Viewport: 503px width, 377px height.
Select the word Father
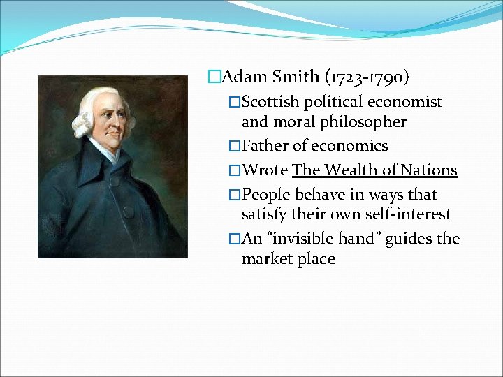[265, 146]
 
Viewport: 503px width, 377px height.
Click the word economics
[349, 146]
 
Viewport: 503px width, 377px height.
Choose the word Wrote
[265, 170]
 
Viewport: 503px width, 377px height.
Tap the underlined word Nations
[429, 170]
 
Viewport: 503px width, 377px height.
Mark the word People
[267, 195]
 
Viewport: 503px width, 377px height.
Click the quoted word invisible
[300, 239]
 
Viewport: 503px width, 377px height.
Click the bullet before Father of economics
[234, 147]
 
